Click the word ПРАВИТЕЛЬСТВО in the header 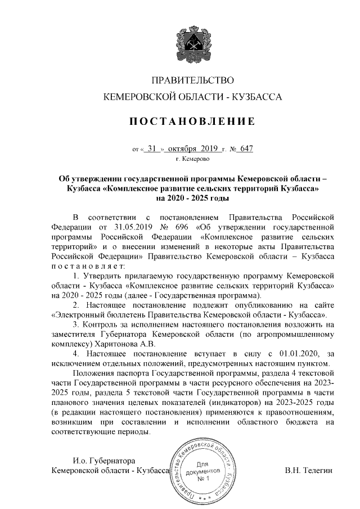pyautogui.click(x=193, y=82)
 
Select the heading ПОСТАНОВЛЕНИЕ pyautogui.click(x=193, y=121)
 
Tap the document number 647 pyautogui.click(x=246, y=149)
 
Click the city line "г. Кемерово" pyautogui.click(x=193, y=160)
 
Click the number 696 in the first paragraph pyautogui.click(x=182, y=227)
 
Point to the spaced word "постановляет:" pyautogui.click(x=89, y=265)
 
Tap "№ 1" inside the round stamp pyautogui.click(x=203, y=479)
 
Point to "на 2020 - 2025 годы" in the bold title pyautogui.click(x=192, y=198)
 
